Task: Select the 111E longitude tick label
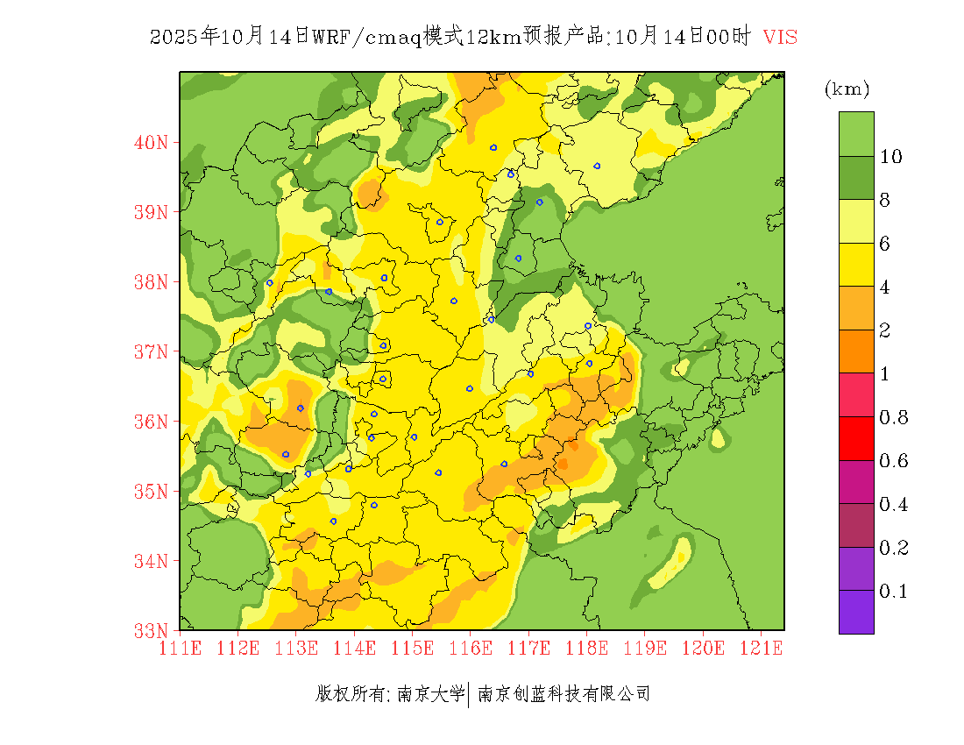[181, 649]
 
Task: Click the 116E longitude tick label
[470, 649]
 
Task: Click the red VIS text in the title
[780, 37]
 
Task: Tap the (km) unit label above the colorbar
[847, 89]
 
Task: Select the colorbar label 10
[891, 157]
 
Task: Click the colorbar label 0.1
[893, 592]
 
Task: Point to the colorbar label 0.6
[893, 461]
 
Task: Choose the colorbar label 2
[885, 330]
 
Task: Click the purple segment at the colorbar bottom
[856, 612]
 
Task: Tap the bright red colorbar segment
[856, 438]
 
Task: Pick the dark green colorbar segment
[856, 178]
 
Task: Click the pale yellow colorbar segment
[856, 221]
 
